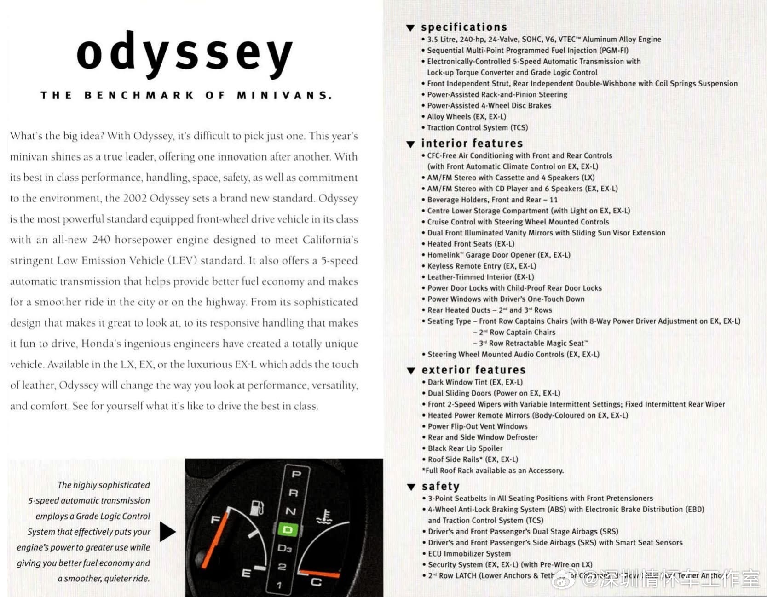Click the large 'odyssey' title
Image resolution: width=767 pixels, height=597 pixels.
pyautogui.click(x=185, y=54)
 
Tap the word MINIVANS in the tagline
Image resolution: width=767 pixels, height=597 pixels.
pyautogui.click(x=284, y=96)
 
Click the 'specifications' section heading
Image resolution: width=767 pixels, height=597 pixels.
pyautogui.click(x=464, y=27)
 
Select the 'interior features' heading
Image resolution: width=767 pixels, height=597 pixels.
pyautogui.click(x=472, y=144)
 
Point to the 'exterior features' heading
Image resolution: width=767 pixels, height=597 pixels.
pyautogui.click(x=473, y=370)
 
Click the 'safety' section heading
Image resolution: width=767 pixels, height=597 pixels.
pyautogui.click(x=440, y=487)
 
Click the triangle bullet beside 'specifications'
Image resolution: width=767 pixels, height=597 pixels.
pyautogui.click(x=410, y=28)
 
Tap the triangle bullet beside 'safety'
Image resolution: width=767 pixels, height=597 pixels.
pyautogui.click(x=411, y=487)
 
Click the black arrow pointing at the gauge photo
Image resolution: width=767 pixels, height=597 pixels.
pyautogui.click(x=167, y=532)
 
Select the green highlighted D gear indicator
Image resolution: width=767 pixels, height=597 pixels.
pyautogui.click(x=288, y=530)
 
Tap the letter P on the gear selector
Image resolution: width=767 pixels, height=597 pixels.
pyautogui.click(x=297, y=474)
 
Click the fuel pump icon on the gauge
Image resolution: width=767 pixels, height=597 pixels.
pyautogui.click(x=257, y=508)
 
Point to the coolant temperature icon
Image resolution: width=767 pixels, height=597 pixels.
pyautogui.click(x=324, y=517)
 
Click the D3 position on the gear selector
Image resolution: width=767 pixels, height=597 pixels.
pyautogui.click(x=284, y=548)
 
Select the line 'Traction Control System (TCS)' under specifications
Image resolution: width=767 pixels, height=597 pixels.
pyautogui.click(x=477, y=128)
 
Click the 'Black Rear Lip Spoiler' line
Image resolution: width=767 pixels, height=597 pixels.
pyautogui.click(x=465, y=448)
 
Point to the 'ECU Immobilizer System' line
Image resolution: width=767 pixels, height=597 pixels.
pyautogui.click(x=469, y=554)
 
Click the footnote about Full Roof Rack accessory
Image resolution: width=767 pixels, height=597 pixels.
pyautogui.click(x=493, y=471)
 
